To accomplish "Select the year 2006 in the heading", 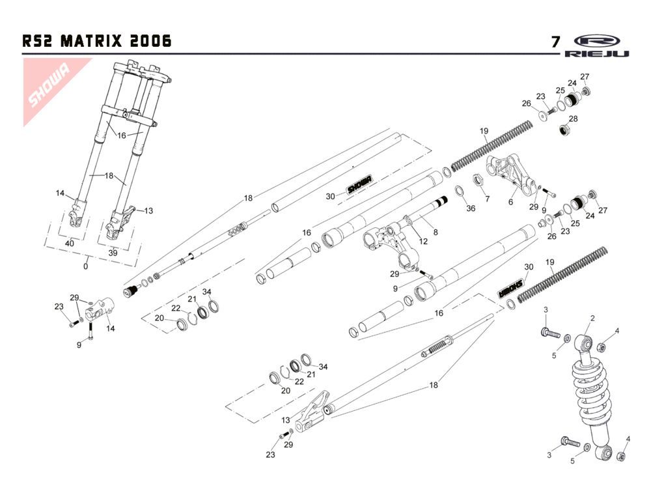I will [x=150, y=42].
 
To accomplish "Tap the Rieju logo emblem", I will [x=597, y=40].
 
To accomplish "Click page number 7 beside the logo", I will [x=555, y=42].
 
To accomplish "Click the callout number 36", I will [x=471, y=208].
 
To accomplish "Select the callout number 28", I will [x=573, y=119].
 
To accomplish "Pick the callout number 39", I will [x=113, y=253].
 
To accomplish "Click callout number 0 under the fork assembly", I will [x=86, y=266].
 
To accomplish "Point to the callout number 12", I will [x=423, y=242].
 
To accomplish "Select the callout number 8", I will [x=436, y=231].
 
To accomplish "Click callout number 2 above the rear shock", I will [x=592, y=318].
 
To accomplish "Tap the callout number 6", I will [x=510, y=202].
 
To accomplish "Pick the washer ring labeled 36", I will [x=458, y=191].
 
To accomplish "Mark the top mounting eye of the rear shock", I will [x=585, y=343].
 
